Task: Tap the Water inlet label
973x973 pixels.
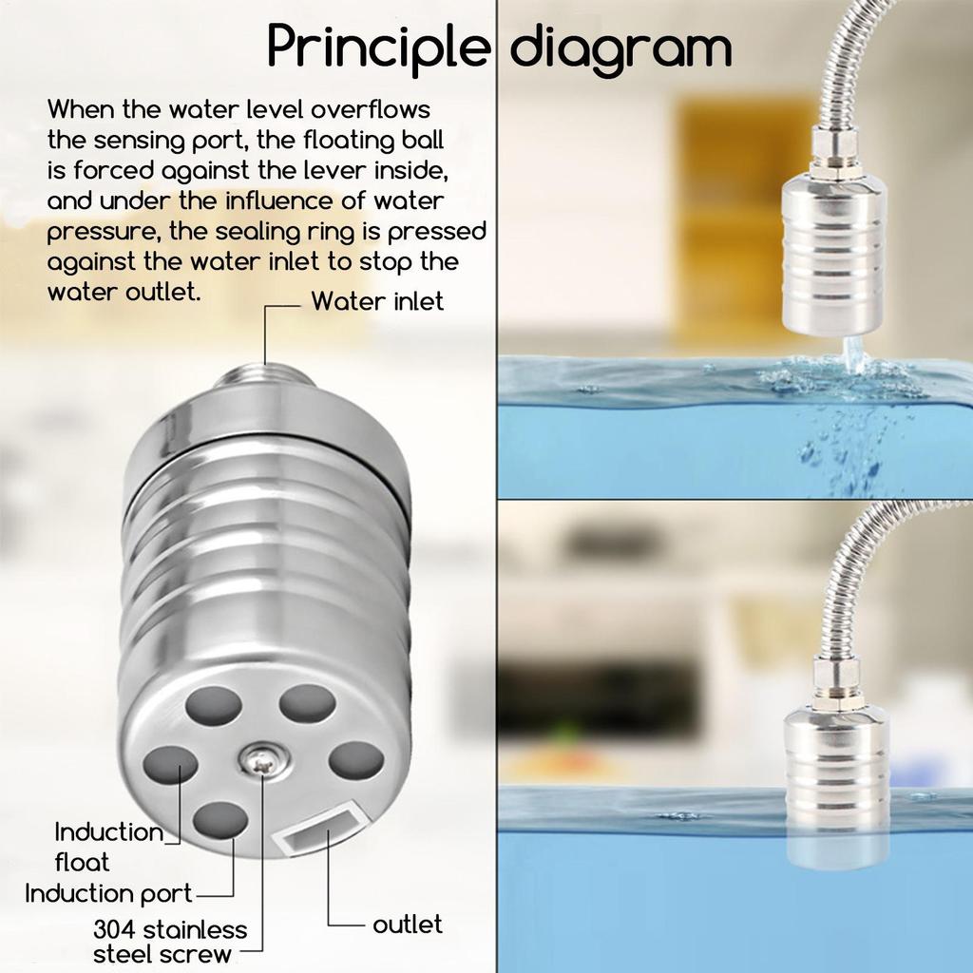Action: pos(377,302)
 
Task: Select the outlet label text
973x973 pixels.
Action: pos(407,925)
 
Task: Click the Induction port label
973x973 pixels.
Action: pos(108,894)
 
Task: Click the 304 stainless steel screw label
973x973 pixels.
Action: pos(169,941)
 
